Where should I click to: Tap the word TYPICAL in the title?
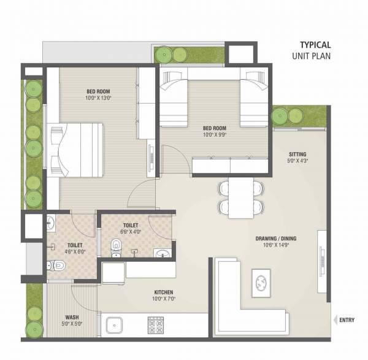pyautogui.click(x=315, y=44)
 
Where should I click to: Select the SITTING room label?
pyautogui.click(x=297, y=154)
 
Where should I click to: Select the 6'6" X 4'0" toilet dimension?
pyautogui.click(x=134, y=232)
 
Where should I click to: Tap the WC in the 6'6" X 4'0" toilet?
pyautogui.click(x=116, y=247)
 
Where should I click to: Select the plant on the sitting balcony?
pyautogui.click(x=280, y=115)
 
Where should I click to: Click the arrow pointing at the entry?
pyautogui.click(x=335, y=320)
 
